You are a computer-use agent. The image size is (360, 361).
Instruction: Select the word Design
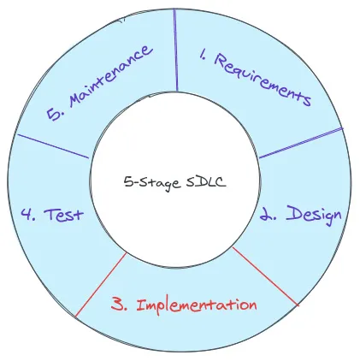313,214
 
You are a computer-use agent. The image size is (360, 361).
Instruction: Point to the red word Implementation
197,305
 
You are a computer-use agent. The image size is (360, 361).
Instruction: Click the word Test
64,215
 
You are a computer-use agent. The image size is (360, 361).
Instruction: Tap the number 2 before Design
269,216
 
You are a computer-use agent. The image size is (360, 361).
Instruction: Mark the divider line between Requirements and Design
299,143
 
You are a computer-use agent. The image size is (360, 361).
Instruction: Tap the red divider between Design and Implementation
264,275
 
